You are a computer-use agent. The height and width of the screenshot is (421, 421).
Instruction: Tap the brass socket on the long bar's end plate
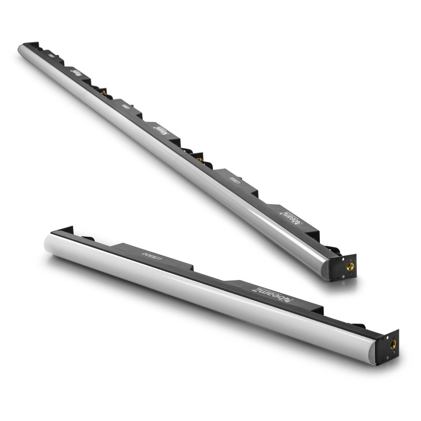point(350,267)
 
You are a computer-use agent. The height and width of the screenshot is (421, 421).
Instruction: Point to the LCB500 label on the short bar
point(155,254)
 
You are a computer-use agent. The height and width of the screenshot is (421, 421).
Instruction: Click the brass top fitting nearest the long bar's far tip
point(104,92)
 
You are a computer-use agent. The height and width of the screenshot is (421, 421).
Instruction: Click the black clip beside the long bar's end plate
point(328,250)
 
